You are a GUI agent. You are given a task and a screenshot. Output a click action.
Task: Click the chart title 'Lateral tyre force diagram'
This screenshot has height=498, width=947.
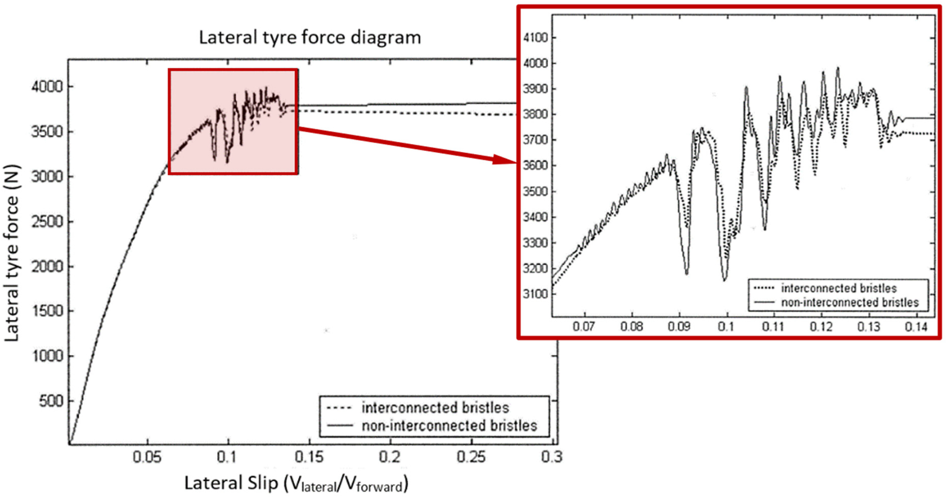coord(310,38)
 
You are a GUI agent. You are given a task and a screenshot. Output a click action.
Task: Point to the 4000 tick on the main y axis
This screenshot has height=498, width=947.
coord(47,87)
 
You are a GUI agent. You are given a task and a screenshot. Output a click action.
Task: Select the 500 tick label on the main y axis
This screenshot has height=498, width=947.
coord(51,401)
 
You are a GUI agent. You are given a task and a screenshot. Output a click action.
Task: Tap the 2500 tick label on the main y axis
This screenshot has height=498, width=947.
coord(47,222)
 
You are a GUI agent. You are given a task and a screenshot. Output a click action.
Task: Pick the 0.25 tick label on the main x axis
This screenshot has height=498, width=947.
coord(471,457)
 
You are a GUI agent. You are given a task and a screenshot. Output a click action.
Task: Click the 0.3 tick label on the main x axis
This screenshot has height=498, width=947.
coord(552,457)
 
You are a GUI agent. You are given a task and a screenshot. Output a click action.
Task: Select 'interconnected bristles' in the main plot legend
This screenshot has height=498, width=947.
coord(435,408)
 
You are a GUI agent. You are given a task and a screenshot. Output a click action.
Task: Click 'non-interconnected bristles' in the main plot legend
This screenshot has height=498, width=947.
coord(449,426)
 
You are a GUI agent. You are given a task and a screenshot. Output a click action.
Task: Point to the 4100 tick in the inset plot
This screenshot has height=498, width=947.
coord(535,38)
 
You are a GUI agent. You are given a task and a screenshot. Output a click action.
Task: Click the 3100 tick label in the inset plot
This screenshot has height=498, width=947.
coord(535,294)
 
